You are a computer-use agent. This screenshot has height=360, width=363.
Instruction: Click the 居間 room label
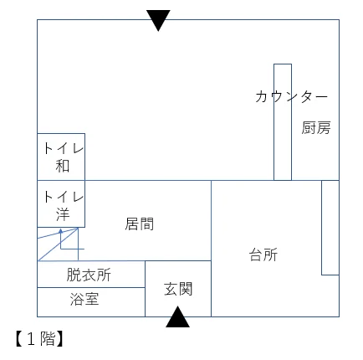coord(140,224)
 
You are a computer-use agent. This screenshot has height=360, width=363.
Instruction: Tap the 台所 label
coord(263,255)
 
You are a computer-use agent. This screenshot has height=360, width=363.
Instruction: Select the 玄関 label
coord(178,289)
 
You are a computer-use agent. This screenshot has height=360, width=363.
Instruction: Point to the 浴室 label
coord(84,299)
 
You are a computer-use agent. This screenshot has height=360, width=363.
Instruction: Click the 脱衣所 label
coord(89,275)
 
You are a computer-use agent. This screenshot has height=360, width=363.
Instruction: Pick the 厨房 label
coord(316,128)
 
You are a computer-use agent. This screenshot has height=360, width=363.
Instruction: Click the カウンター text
coord(291,96)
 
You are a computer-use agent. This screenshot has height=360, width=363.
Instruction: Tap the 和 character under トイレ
coord(63,166)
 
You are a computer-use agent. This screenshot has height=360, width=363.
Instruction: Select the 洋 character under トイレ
coord(63,214)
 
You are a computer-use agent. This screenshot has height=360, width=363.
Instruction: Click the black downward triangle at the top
coord(158,18)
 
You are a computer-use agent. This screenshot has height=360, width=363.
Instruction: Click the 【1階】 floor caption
coord(39,339)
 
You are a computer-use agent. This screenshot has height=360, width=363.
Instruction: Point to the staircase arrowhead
coord(60,231)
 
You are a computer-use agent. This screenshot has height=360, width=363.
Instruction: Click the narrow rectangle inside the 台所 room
coord(330,228)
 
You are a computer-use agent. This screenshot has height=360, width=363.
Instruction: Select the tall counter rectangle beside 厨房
coord(283,122)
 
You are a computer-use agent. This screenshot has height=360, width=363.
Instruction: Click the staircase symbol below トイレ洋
coord(61,244)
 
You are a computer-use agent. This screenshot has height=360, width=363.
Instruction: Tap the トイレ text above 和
coord(64,148)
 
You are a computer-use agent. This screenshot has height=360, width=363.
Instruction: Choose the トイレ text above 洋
coord(64,197)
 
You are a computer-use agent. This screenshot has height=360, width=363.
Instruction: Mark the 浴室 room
coord(91,302)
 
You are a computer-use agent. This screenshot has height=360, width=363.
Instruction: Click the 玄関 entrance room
coord(178,289)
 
